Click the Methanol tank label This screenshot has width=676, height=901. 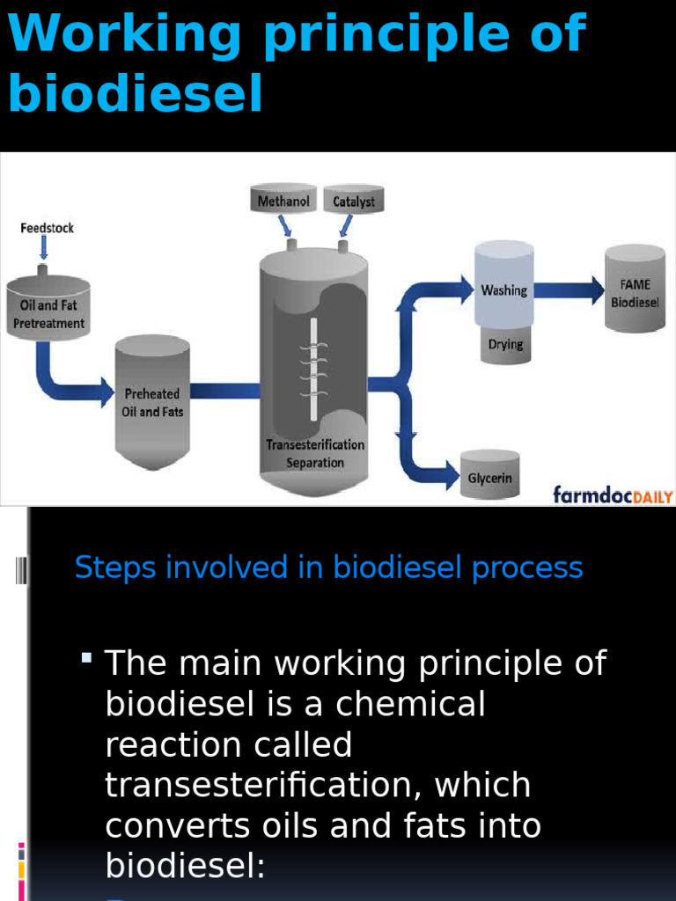click(x=283, y=201)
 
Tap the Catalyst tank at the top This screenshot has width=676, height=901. click(x=354, y=201)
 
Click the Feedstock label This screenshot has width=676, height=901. click(x=47, y=228)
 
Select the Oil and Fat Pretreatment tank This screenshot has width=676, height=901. click(x=48, y=308)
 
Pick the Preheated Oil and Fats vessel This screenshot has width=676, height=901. click(x=152, y=400)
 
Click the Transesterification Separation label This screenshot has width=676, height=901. click(x=315, y=454)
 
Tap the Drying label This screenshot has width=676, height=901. click(x=505, y=344)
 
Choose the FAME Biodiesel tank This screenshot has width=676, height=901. click(x=635, y=290)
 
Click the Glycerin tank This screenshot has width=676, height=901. click(x=489, y=478)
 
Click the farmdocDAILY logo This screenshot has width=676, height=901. click(x=613, y=494)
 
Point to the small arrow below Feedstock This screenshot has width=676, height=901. click(x=43, y=249)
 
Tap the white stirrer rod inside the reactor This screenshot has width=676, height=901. click(x=313, y=370)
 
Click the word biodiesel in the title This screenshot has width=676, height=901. click(x=136, y=94)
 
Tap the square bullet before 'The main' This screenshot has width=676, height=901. click(x=86, y=657)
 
